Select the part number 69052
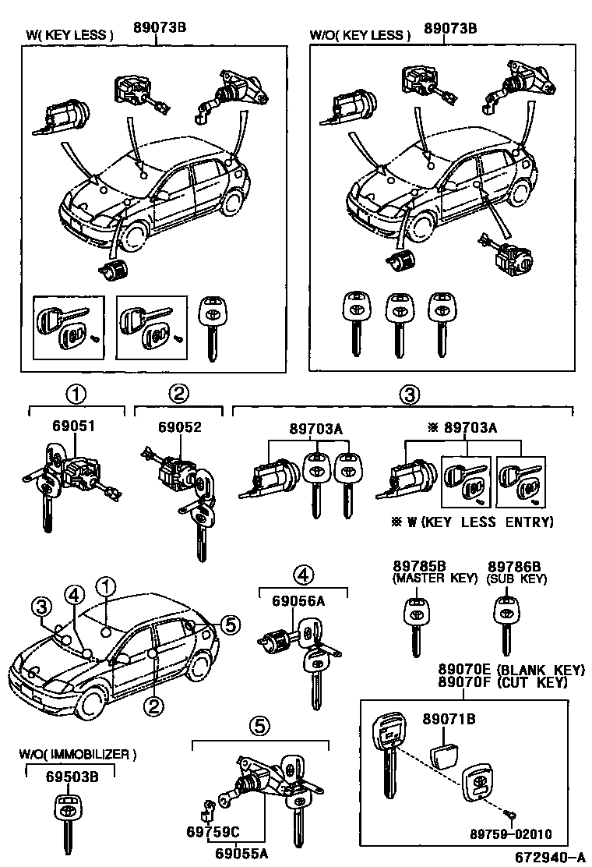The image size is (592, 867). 179,426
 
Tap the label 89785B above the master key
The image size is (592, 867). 418,566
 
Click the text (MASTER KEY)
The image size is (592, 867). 418,579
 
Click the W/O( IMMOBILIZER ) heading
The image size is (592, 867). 78,754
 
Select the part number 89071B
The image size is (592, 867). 449,718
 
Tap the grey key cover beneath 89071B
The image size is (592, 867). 447,752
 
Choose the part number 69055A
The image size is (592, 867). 241,852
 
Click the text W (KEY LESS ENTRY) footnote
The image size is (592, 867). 480,522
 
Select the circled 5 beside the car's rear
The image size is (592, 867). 228,624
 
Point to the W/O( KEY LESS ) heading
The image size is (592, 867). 359,35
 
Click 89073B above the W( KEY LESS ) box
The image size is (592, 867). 159,30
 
